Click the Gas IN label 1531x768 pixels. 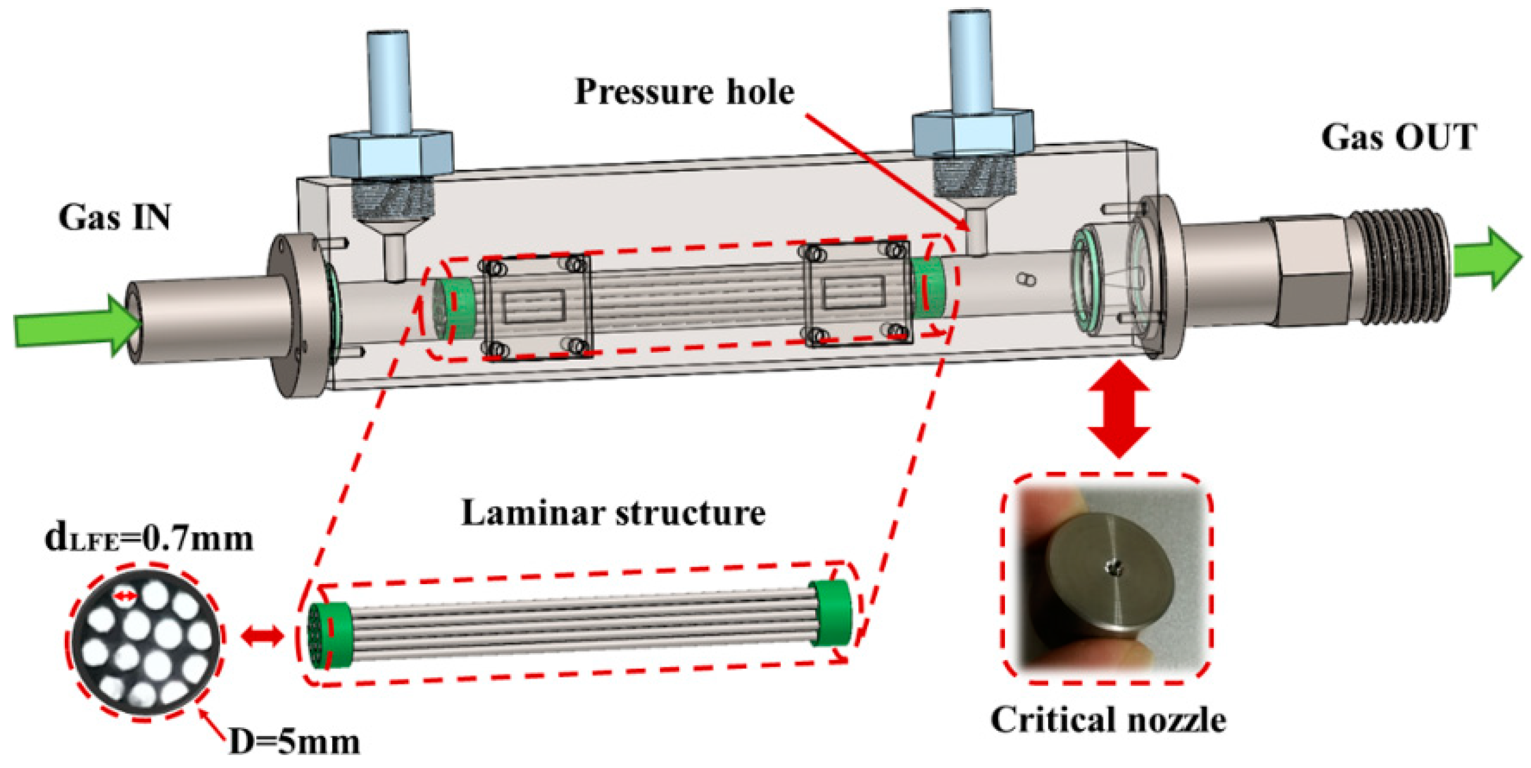pyautogui.click(x=115, y=217)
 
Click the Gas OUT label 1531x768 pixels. pyautogui.click(x=1399, y=137)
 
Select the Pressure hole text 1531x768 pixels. pyautogui.click(x=684, y=91)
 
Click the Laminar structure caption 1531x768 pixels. pyautogui.click(x=614, y=512)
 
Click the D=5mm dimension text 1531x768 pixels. pyautogui.click(x=295, y=743)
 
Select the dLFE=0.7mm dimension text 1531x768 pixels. pyautogui.click(x=149, y=539)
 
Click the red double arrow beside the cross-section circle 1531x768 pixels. pyautogui.click(x=262, y=637)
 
